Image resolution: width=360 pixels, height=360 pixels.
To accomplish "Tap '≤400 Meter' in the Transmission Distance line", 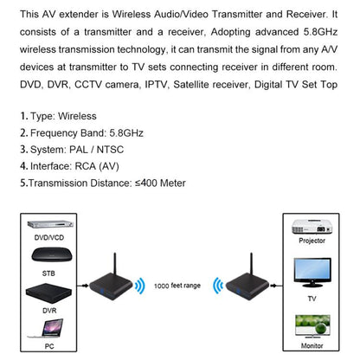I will [158, 183].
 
